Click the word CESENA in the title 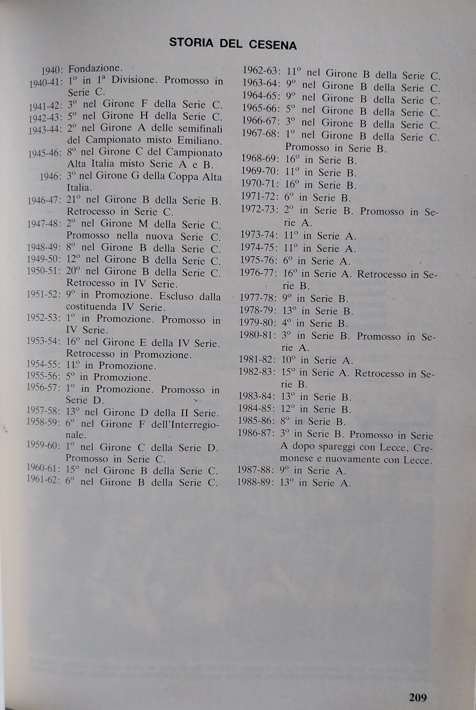[x=273, y=45]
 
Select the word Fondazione [x=95, y=69]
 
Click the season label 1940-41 [x=45, y=83]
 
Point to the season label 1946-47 [x=44, y=201]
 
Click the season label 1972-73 [x=259, y=209]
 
